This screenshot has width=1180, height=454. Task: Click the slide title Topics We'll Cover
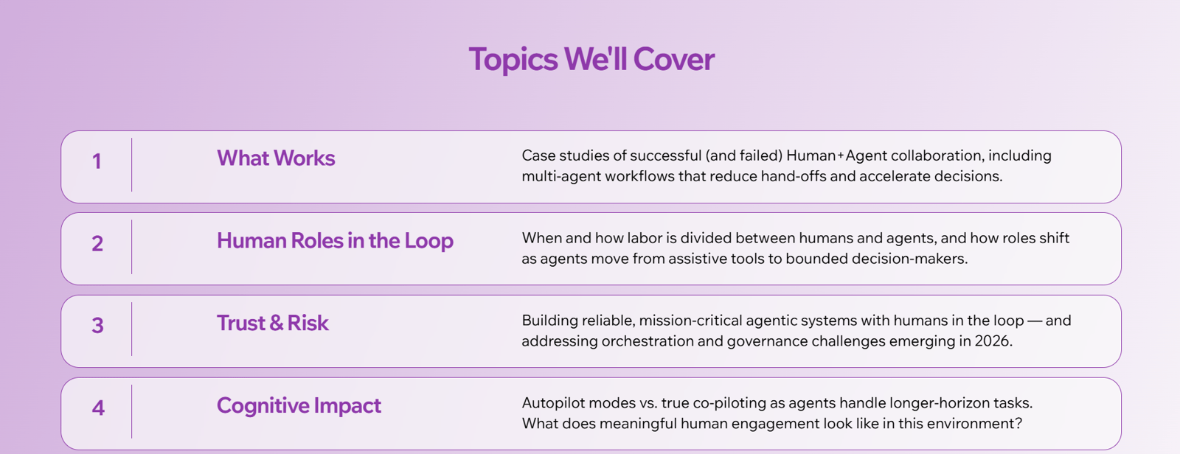point(591,59)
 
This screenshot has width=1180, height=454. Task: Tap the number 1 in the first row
point(97,161)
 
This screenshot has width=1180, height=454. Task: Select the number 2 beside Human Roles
point(97,243)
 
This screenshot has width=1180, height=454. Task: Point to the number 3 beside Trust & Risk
point(97,326)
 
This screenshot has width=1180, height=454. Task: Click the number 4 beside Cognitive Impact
point(98,408)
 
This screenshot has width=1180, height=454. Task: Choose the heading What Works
point(276,158)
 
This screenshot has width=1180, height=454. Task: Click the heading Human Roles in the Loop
point(335,241)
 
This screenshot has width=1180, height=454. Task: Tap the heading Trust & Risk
point(273,323)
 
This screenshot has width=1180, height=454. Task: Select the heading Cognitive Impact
point(299,406)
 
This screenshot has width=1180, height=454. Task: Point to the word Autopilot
point(552,403)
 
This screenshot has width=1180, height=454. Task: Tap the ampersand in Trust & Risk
point(276,324)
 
